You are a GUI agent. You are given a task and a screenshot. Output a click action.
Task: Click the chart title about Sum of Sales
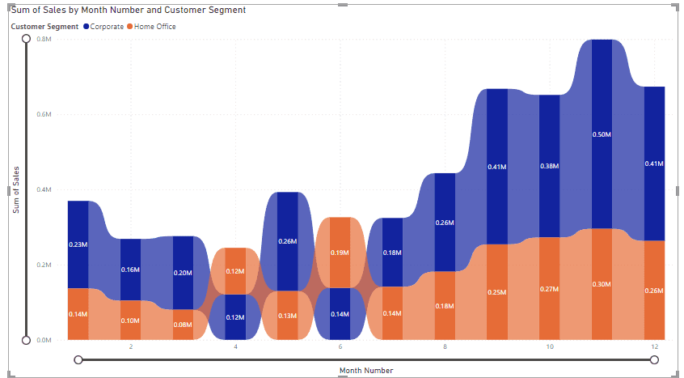coord(129,11)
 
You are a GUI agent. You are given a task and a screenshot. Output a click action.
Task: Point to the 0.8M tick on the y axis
coord(44,40)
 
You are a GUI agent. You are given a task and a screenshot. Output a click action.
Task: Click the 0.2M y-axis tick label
coord(44,265)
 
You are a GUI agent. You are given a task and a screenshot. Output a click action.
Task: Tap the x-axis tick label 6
coord(340,347)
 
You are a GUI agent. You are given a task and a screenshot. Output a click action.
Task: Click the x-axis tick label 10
coord(550,347)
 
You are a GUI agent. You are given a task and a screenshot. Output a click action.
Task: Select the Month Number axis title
coord(366,370)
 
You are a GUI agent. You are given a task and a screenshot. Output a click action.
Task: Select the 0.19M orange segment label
coord(340,253)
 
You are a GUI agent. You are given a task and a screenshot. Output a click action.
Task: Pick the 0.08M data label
coord(183,325)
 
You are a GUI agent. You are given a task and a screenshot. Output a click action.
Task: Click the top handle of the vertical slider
coord(26,38)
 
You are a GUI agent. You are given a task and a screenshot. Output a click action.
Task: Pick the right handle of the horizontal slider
coord(654,359)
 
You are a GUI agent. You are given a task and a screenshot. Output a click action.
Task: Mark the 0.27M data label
coord(550,289)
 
